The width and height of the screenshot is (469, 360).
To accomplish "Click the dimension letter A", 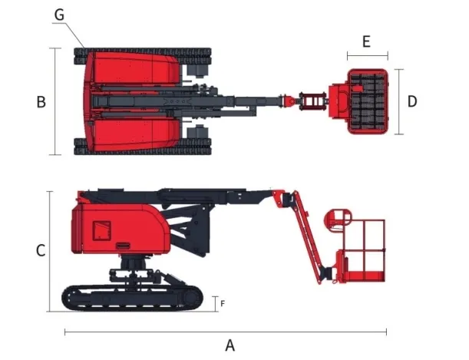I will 230,345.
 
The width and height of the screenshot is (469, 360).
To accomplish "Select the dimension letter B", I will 41,102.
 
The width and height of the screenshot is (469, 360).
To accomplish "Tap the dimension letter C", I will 41,250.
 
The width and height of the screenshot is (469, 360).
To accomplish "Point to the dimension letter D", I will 412,101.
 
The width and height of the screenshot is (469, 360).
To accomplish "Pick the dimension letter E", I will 366,41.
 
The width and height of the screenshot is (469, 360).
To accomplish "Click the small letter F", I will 223,303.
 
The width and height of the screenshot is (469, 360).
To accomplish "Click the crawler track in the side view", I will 134,298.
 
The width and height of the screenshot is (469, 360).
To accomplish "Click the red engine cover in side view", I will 115,226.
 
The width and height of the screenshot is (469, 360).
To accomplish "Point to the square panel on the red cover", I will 102,230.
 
